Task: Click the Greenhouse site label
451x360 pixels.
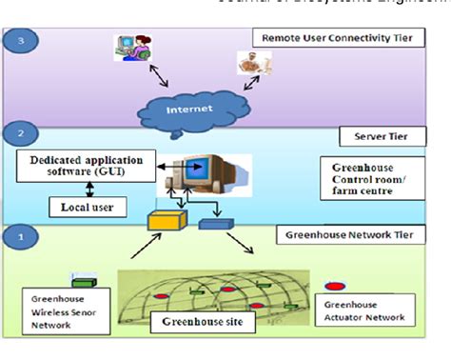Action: [x=196, y=322]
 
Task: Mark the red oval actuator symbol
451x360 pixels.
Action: [x=334, y=285]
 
